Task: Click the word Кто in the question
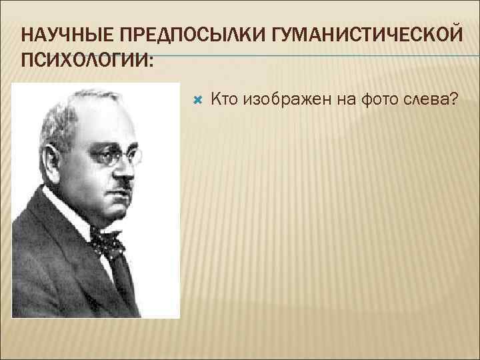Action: [225, 99]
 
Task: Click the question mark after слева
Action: [453, 99]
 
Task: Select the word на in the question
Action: [339, 99]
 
